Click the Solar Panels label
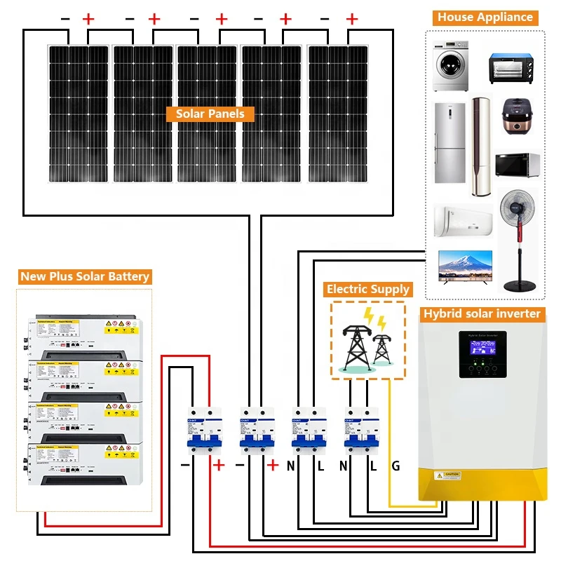[210, 114]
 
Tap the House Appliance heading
[485, 18]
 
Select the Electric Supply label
[367, 289]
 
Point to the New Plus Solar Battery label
[85, 276]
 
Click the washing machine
[450, 66]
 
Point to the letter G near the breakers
[396, 466]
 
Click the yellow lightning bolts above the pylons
[374, 320]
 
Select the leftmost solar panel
[78, 114]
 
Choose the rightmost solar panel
[338, 114]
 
